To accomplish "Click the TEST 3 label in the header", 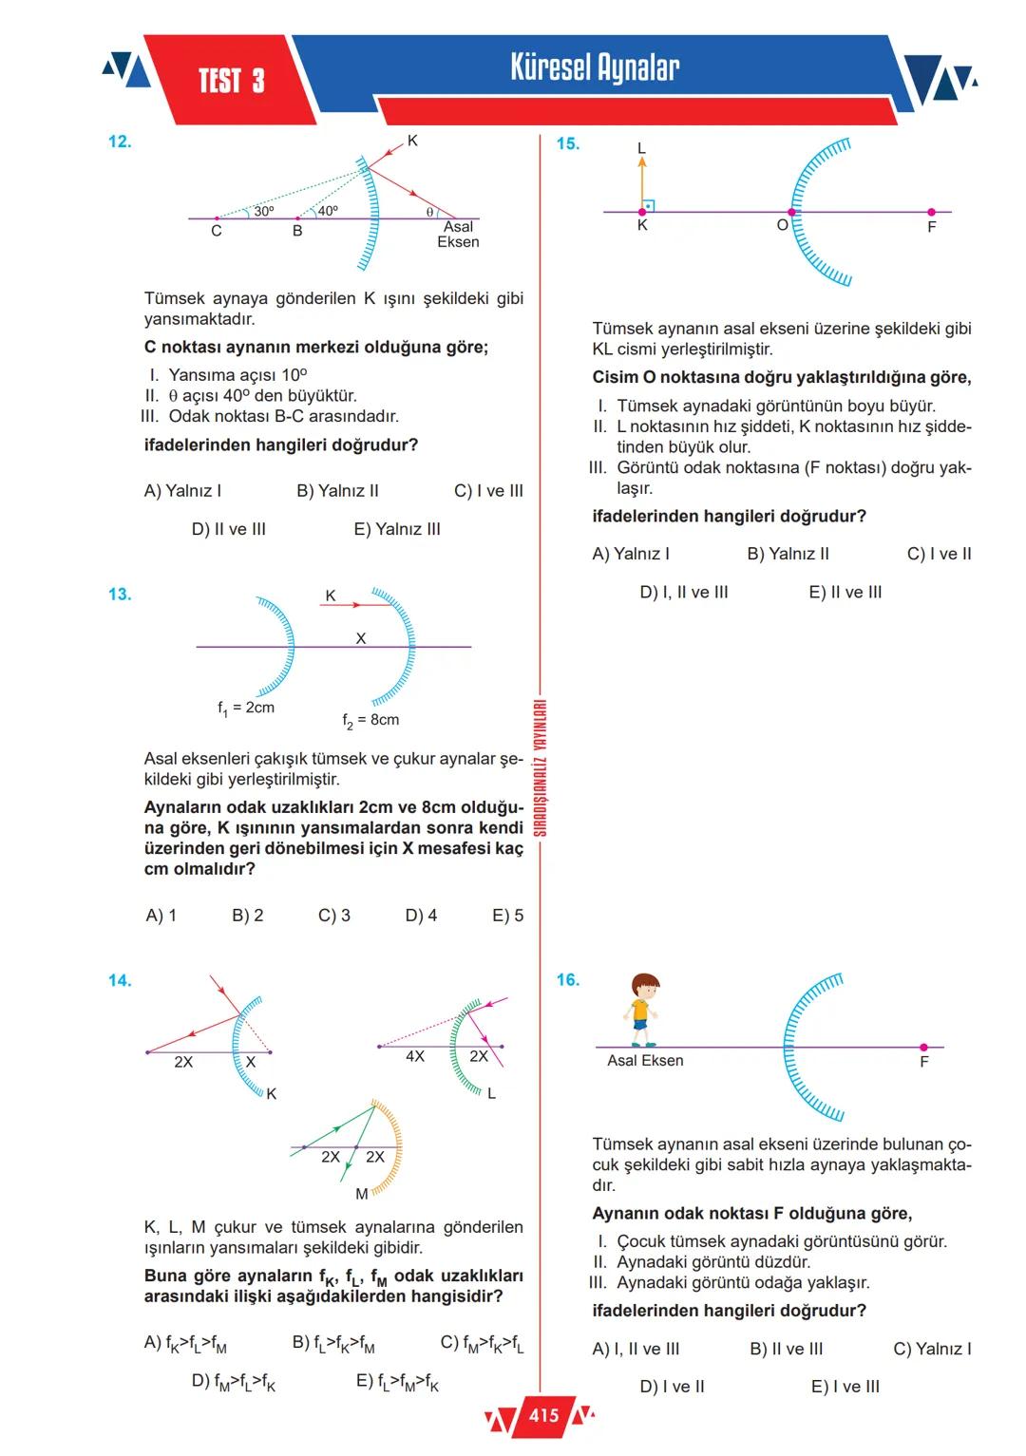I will (231, 82).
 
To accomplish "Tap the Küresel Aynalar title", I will (595, 68).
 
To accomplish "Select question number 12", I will (120, 142).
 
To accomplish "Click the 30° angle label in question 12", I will (263, 211).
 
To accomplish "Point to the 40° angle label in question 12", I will (327, 211).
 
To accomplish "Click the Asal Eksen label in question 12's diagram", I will (458, 235).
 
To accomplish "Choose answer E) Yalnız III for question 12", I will (397, 529).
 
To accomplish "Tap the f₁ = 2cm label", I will (246, 708).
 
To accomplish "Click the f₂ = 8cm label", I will (370, 720).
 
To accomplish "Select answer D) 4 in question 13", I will (421, 916).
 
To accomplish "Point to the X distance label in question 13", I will (361, 639).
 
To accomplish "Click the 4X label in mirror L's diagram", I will (415, 1056).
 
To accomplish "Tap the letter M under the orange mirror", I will (362, 1194).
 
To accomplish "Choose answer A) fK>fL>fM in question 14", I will (185, 1344).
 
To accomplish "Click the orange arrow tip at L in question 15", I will (642, 161).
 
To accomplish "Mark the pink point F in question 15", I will (931, 212).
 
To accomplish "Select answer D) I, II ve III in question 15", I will (684, 592).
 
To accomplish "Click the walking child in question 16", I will (643, 1009).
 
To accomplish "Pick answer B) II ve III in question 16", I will (787, 1349).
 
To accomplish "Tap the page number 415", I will (543, 1416).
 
